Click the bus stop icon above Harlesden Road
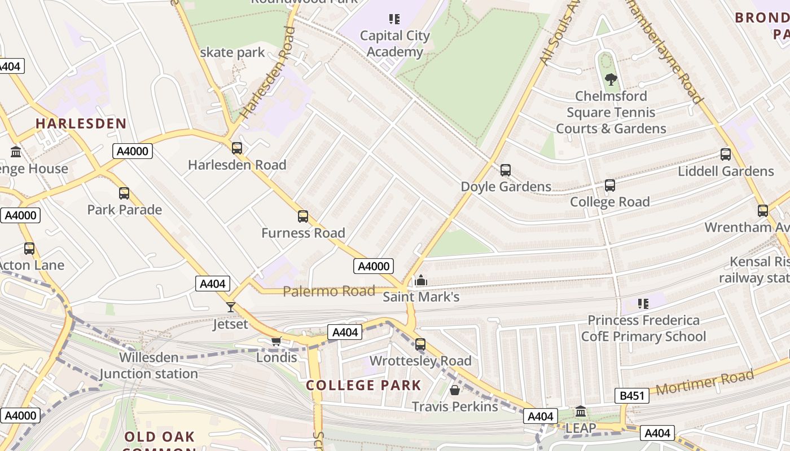pos(237,148)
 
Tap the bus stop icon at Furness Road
pos(303,216)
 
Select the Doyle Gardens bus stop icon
pos(506,170)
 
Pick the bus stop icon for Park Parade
pos(124,193)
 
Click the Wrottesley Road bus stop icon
pos(420,344)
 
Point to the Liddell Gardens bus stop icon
pos(726,154)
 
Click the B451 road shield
pos(632,396)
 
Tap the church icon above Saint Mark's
pos(420,280)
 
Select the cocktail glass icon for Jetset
pos(230,307)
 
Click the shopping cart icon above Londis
pos(276,341)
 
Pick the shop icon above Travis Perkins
pos(455,390)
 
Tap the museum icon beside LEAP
pos(581,412)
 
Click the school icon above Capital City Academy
pos(394,19)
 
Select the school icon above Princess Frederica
pos(643,304)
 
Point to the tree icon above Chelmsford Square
pos(611,79)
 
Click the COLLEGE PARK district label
pos(363,386)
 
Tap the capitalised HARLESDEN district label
pos(81,123)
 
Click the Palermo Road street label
pos(329,291)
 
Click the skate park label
pos(232,52)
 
